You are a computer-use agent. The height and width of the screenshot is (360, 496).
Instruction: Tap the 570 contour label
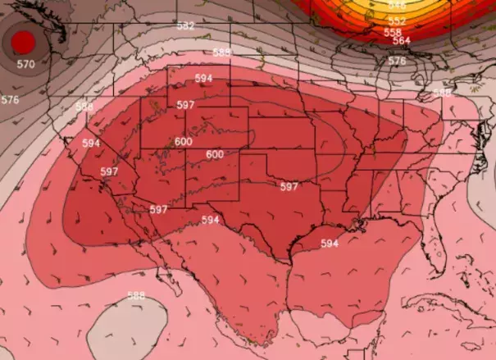25,64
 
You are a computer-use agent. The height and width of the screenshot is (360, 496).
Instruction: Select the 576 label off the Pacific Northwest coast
10,100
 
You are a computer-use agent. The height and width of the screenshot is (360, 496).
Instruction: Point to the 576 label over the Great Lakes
397,61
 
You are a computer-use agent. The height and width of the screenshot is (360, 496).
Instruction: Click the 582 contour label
186,26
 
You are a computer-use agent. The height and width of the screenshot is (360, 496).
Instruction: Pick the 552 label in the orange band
396,21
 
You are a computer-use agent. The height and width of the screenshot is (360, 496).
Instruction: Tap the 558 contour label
393,32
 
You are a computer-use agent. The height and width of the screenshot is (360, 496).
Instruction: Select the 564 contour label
402,40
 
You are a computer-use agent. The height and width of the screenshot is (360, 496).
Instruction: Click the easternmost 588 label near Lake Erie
442,93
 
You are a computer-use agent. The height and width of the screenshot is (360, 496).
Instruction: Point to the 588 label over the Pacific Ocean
136,295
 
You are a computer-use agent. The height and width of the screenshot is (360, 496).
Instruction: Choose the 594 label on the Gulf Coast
330,244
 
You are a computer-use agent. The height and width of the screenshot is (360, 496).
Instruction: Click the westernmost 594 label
91,143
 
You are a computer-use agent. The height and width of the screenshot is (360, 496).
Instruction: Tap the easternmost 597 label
289,187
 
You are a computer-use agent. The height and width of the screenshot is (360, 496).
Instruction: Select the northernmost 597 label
186,105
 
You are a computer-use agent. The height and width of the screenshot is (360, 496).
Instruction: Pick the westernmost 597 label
109,171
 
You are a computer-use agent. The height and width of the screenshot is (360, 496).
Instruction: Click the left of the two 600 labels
184,141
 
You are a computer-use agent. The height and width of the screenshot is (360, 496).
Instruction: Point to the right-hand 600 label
215,154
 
